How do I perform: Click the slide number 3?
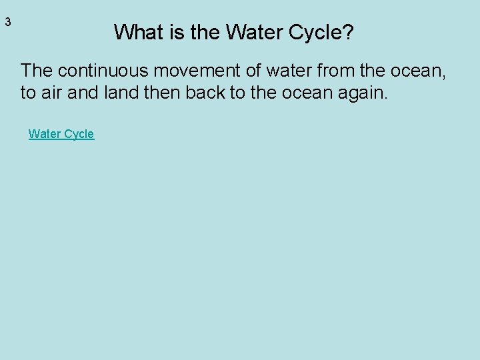[x=8, y=22]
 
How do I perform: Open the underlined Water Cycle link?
[x=61, y=134]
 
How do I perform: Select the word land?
[x=122, y=93]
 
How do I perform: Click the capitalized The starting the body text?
[x=35, y=69]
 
